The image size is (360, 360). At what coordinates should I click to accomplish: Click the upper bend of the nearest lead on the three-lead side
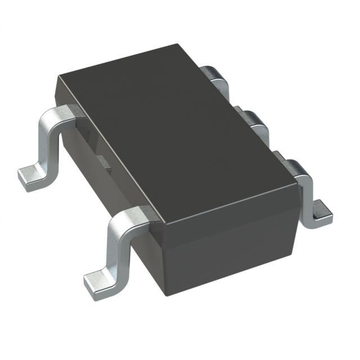(295, 169)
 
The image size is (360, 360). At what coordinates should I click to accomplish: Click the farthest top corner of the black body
(179, 47)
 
